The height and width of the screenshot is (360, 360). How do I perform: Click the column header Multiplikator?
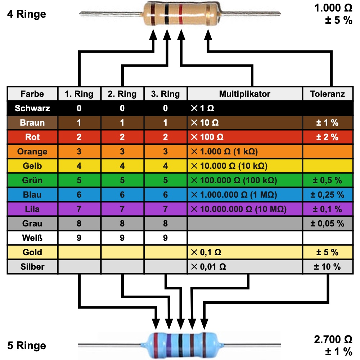244,94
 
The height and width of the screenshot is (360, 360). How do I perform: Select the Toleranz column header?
327,94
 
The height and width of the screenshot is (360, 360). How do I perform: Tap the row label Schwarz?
32,108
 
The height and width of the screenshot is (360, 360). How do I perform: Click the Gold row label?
32,252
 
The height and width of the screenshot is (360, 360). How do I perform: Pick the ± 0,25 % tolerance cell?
327,195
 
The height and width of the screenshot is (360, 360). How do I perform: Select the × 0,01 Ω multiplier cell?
208,267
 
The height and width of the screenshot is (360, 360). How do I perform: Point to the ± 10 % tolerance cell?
327,267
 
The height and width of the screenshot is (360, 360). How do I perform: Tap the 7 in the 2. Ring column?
122,209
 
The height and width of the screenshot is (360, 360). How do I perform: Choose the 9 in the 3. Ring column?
165,238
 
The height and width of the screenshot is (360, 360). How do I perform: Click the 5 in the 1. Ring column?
79,180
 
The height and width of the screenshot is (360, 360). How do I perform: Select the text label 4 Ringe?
26,14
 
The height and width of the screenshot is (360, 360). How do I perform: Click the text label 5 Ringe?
26,346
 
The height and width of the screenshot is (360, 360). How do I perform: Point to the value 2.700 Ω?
333,339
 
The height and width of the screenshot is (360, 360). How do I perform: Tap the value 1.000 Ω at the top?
333,8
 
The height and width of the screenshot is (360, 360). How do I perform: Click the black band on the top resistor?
167,15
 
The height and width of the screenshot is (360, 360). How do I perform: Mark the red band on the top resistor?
180,15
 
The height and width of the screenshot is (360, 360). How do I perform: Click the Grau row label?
32,224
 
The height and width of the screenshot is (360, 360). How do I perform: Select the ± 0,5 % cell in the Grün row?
327,180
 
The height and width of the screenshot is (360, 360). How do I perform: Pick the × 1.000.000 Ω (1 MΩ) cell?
234,195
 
